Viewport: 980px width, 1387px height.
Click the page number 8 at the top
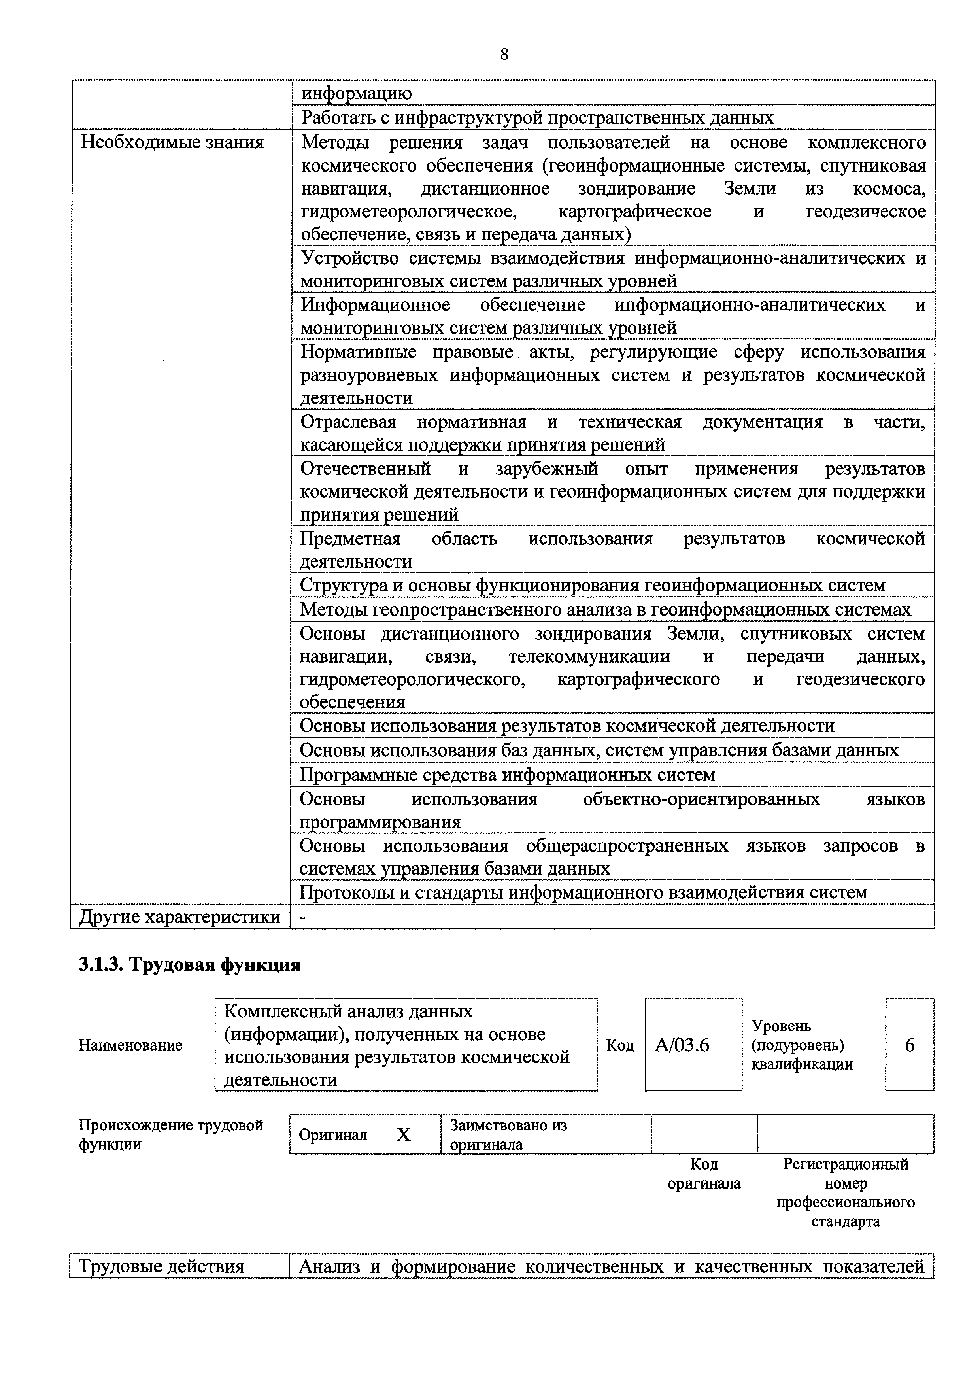[504, 55]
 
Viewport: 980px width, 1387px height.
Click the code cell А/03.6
[682, 1045]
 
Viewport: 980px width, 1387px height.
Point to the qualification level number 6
[909, 1045]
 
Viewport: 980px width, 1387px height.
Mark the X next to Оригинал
[403, 1135]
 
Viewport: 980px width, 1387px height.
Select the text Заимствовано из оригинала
[508, 1134]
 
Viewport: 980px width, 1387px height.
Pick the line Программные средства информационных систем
[507, 775]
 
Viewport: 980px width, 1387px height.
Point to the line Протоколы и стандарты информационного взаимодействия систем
[583, 892]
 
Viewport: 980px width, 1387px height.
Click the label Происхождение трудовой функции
[171, 1134]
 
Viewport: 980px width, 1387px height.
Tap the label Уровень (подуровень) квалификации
[802, 1045]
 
